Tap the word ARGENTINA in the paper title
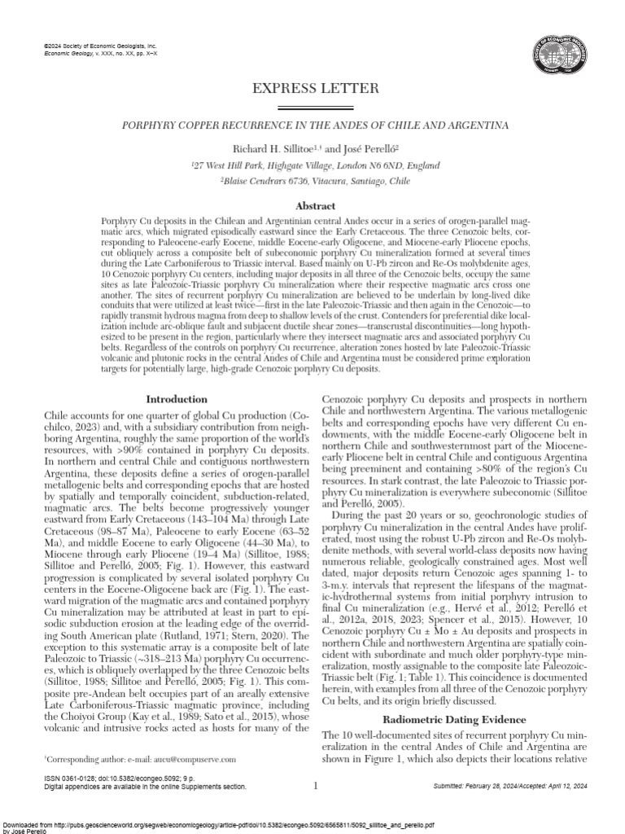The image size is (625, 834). click(479, 126)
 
